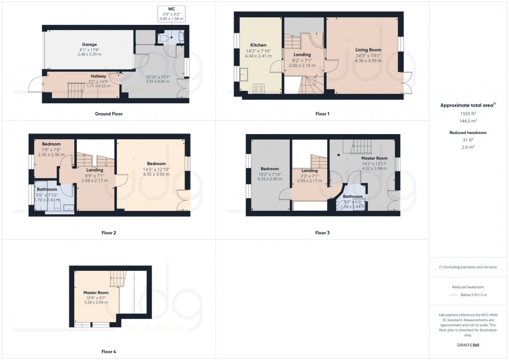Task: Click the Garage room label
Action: [x=89, y=45]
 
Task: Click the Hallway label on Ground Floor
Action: [x=99, y=76]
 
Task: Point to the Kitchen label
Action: [x=258, y=45]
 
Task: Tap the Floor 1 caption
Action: [x=322, y=114]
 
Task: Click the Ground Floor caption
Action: [x=109, y=114]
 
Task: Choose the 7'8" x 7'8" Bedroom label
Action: [x=51, y=144]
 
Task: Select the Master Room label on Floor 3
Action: [x=374, y=158]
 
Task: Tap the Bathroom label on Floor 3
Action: [x=353, y=196]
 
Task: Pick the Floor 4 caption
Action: [x=109, y=352]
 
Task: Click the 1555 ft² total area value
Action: [x=468, y=113]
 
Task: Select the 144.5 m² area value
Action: [x=468, y=121]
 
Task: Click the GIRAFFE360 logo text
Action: [x=468, y=344]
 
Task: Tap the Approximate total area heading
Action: [x=467, y=105]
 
